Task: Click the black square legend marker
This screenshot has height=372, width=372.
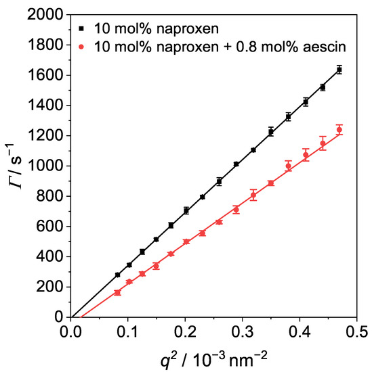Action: pos(80,29)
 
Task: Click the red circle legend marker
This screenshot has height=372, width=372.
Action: pos(80,47)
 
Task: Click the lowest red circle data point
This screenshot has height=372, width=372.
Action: pos(117,292)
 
